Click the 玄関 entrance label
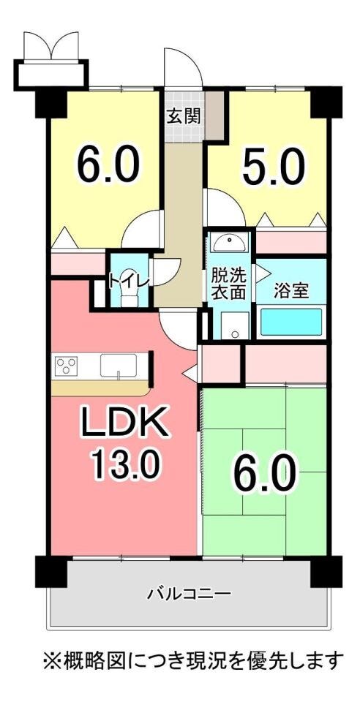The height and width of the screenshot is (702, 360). (184, 116)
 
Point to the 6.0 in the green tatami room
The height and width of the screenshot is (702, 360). (264, 473)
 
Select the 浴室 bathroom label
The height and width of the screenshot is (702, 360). (291, 291)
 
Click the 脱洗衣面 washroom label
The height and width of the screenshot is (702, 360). (228, 284)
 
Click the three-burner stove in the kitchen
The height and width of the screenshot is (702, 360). (67, 365)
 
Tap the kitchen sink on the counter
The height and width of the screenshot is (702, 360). (119, 366)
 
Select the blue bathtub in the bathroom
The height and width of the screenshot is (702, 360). (291, 322)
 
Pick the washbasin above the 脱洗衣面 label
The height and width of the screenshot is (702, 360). (229, 242)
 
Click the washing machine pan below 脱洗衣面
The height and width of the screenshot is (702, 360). (235, 325)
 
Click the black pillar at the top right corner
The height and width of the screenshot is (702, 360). (326, 102)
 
